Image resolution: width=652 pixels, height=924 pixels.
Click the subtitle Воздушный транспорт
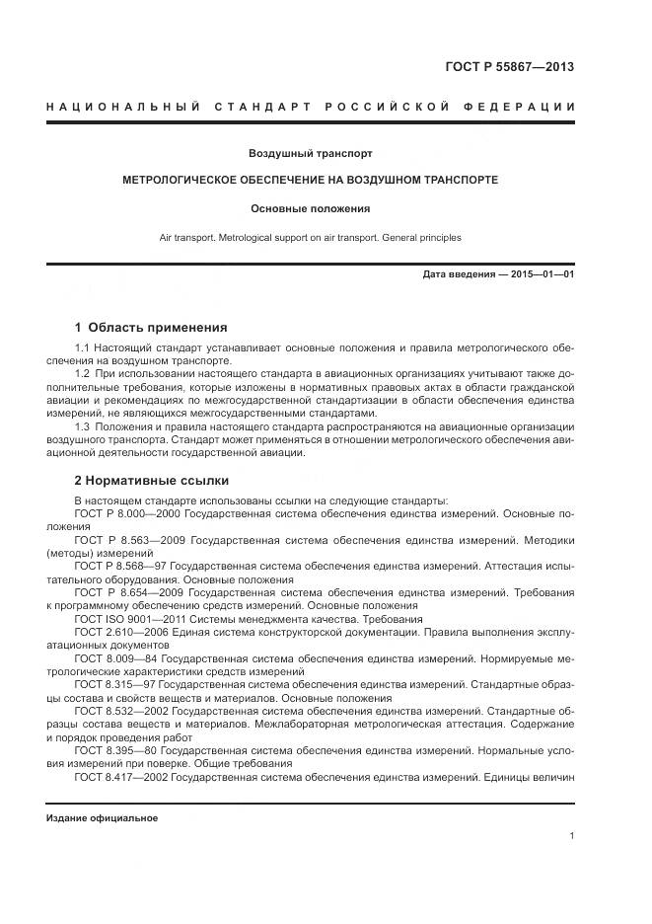pos(310,154)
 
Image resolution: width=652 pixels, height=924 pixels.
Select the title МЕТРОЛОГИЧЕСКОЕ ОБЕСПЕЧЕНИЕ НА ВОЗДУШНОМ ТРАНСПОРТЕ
pos(310,181)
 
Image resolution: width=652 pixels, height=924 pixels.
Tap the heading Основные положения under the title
pos(310,208)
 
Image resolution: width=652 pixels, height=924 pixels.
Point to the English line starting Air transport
pos(310,238)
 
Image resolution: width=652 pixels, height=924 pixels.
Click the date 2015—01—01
pos(541,273)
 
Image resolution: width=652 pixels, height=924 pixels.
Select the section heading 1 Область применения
pos(151,328)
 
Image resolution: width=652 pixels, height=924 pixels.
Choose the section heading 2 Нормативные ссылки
pos(152,481)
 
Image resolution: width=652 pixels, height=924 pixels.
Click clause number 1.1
pos(83,349)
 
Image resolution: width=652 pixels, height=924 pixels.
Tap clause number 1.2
pos(83,376)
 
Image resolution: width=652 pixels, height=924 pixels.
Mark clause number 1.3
pos(83,426)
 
